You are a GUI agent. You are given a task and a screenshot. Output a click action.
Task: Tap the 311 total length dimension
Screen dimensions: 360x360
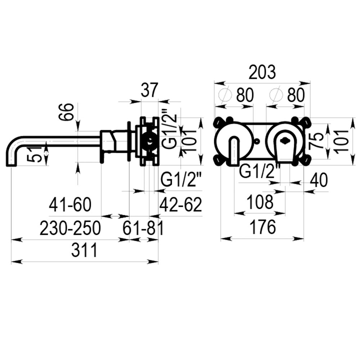[x=84, y=250]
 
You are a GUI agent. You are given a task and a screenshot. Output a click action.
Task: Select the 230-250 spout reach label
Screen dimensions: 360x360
[x=70, y=228]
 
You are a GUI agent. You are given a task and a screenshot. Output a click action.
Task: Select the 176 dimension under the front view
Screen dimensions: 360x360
[x=263, y=227]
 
